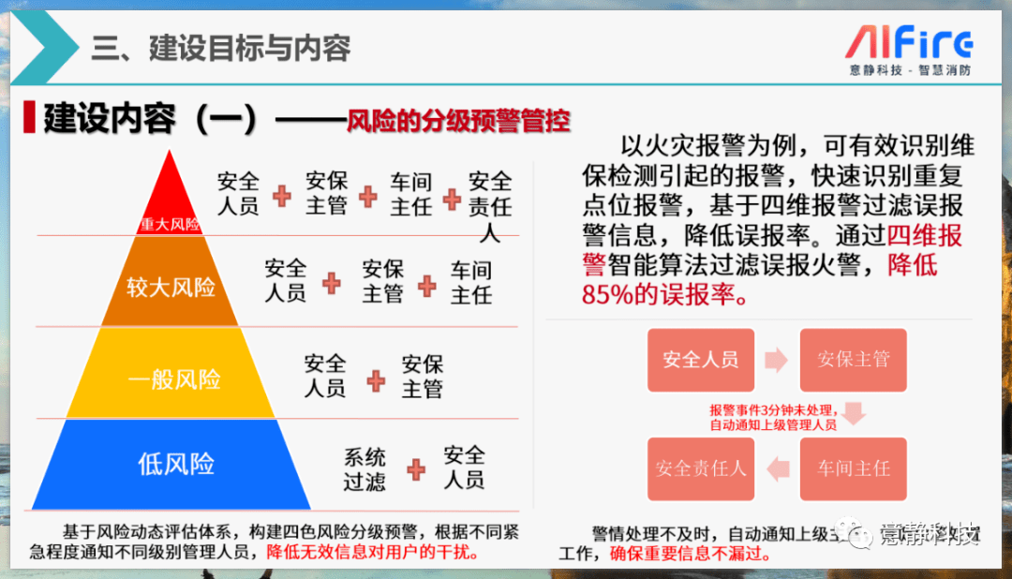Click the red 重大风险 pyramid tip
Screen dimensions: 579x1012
coord(170,201)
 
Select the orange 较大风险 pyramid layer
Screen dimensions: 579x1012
coord(171,286)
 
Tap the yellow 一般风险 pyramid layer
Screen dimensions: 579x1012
coord(173,379)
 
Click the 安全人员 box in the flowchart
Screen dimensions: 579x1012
coord(700,359)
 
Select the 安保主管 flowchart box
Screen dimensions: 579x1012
coord(853,359)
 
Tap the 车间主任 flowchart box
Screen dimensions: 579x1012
coord(853,468)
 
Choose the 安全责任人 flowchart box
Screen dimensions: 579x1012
coord(700,468)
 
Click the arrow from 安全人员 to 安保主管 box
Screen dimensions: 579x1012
coord(776,359)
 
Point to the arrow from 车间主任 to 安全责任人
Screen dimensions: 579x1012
coord(777,468)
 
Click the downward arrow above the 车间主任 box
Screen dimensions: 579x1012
coord(853,412)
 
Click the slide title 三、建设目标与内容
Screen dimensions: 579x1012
coord(221,48)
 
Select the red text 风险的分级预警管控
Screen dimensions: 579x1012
coord(458,121)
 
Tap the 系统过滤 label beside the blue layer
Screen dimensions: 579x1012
coord(365,469)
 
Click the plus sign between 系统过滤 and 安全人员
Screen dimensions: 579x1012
coord(416,468)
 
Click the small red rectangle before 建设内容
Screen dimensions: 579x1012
coord(30,118)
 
